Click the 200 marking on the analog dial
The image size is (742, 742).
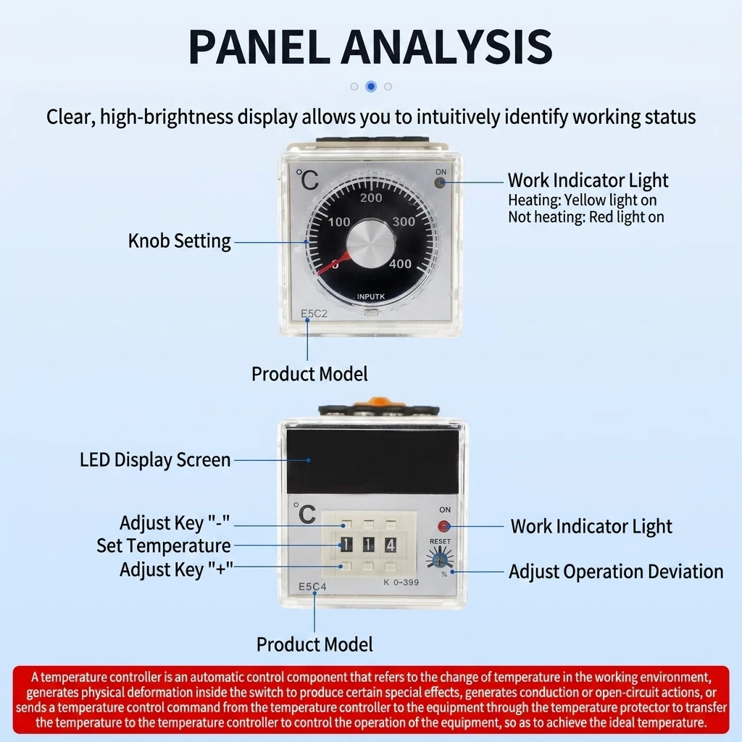click(x=371, y=198)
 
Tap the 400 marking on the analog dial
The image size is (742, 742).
click(x=400, y=264)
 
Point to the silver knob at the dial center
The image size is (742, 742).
click(x=370, y=243)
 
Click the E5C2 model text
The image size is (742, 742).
click(x=314, y=313)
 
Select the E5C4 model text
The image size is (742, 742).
click(x=312, y=587)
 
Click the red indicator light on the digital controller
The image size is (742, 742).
click(x=443, y=526)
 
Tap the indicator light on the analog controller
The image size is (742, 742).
click(x=440, y=183)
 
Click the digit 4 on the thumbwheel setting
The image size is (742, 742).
click(x=391, y=545)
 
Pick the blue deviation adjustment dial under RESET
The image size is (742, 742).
click(x=440, y=559)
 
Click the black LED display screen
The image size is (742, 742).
click(x=373, y=460)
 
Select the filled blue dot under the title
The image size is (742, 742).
click(x=371, y=87)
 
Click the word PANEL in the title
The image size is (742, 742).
click(x=259, y=47)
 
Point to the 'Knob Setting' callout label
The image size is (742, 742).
click(x=180, y=241)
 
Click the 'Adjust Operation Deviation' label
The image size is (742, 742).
click(x=616, y=572)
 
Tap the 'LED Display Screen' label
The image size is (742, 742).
click(x=155, y=460)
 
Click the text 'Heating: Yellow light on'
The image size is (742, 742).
click(x=583, y=200)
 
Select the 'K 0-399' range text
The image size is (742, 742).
click(x=401, y=583)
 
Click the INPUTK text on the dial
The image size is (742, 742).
click(x=370, y=296)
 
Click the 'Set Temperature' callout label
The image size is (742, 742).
click(x=164, y=546)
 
